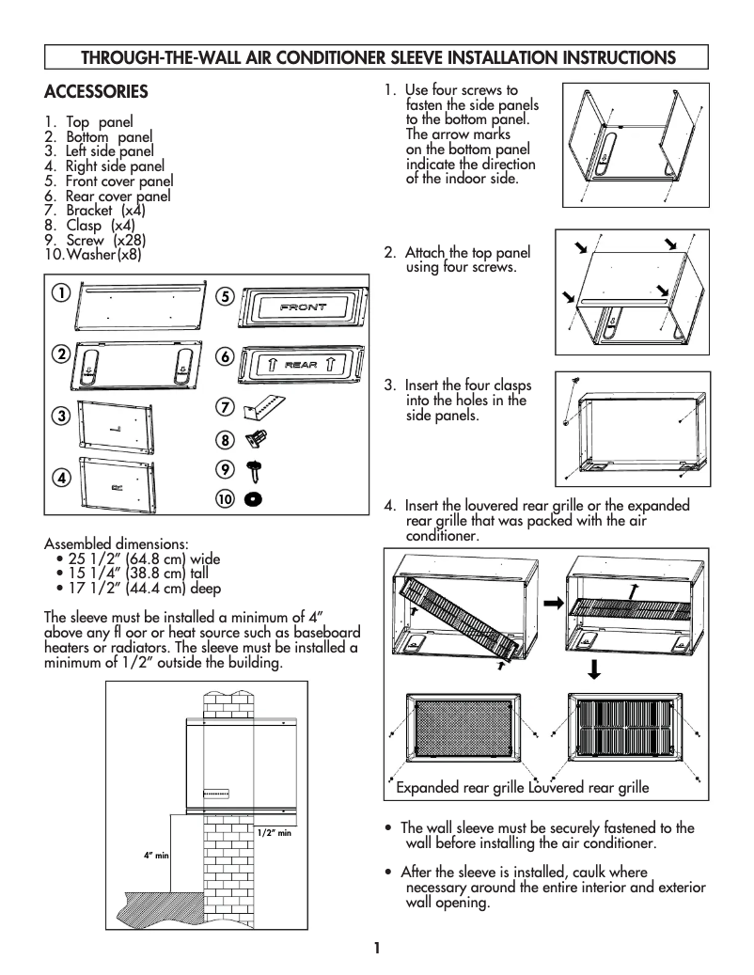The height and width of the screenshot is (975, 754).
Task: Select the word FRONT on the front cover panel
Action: (x=303, y=307)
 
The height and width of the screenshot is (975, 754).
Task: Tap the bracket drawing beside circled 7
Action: (x=266, y=407)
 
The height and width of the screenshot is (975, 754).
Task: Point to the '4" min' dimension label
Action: (x=156, y=855)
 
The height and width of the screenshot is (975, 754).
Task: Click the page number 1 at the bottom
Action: (x=376, y=948)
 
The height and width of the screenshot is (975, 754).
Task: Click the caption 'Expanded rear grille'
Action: (x=458, y=787)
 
